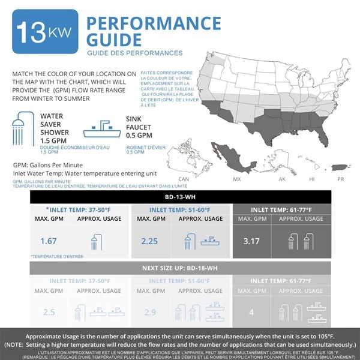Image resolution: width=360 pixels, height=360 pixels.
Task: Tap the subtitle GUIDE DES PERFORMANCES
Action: pyautogui.click(x=134, y=53)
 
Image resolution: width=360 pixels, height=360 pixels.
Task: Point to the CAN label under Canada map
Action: pyautogui.click(x=184, y=179)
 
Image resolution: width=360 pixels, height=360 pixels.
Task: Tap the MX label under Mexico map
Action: pyautogui.click(x=236, y=179)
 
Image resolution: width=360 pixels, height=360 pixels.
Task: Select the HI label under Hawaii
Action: pyautogui.click(x=311, y=179)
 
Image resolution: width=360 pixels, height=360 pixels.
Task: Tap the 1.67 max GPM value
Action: pyautogui.click(x=48, y=241)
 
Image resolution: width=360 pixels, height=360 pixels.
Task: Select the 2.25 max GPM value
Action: pyautogui.click(x=149, y=241)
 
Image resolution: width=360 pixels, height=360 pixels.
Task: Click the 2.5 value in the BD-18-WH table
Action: pyautogui.click(x=48, y=312)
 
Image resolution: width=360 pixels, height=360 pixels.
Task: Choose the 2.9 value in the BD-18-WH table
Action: pyautogui.click(x=149, y=312)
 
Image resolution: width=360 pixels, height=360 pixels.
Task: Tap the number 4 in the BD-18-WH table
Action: pyautogui.click(x=251, y=312)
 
